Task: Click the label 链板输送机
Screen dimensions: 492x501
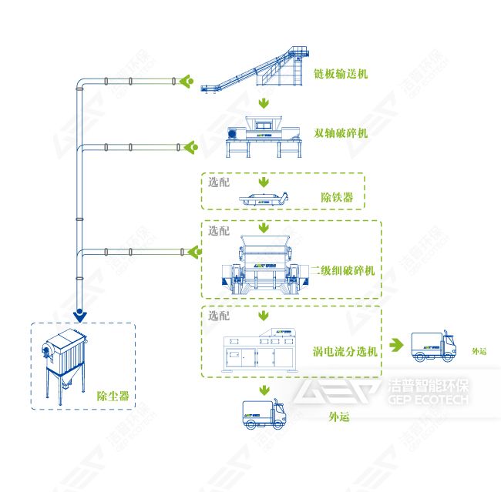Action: pos(341,75)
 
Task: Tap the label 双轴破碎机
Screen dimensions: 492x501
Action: pos(341,132)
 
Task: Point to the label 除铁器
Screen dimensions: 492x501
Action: pos(337,198)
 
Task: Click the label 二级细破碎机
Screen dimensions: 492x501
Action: pos(343,271)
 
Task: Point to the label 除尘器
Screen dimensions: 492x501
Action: pos(112,397)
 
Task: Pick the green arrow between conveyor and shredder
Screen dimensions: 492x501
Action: pos(264,102)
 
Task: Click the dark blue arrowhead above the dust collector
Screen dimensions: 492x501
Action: pos(79,314)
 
